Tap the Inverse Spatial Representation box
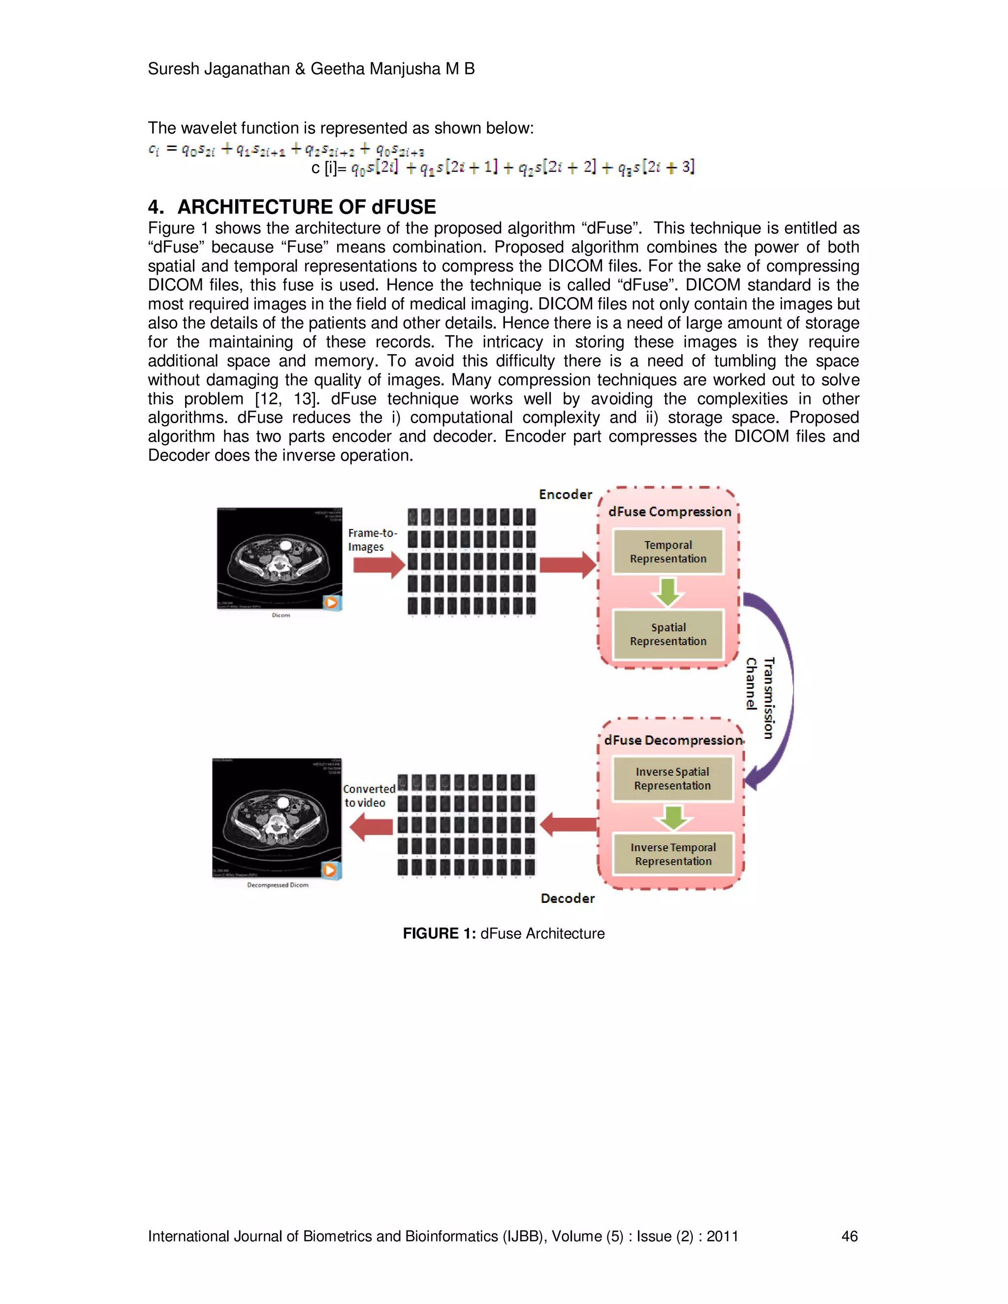click(x=672, y=778)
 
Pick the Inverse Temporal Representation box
click(x=673, y=854)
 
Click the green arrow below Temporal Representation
click(x=667, y=591)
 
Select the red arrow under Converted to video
click(x=371, y=826)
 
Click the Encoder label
click(x=565, y=495)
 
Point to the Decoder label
click(x=567, y=898)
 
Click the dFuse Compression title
click(x=669, y=512)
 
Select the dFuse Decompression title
click(x=672, y=741)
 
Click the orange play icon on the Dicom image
click(x=331, y=602)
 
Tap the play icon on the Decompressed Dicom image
click(x=330, y=870)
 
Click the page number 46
click(x=849, y=1236)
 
